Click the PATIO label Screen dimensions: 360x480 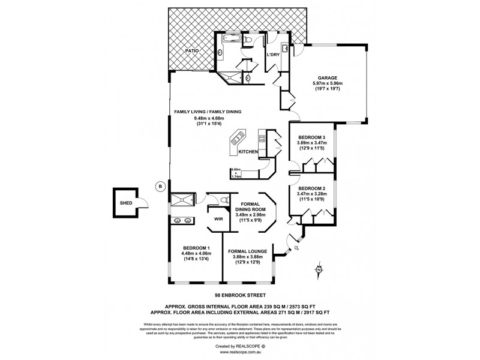pyautogui.click(x=191, y=52)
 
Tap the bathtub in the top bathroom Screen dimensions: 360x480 pyautogui.click(x=232, y=40)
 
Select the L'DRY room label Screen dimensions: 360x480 pyautogui.click(x=274, y=55)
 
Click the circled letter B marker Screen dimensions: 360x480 pyautogui.click(x=160, y=186)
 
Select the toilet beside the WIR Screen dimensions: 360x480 pyautogui.click(x=224, y=200)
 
